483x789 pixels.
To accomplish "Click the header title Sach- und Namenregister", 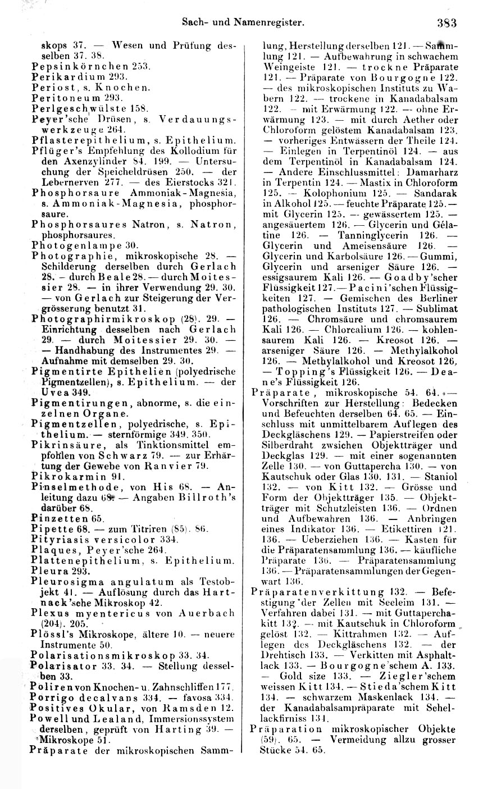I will (243, 23).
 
